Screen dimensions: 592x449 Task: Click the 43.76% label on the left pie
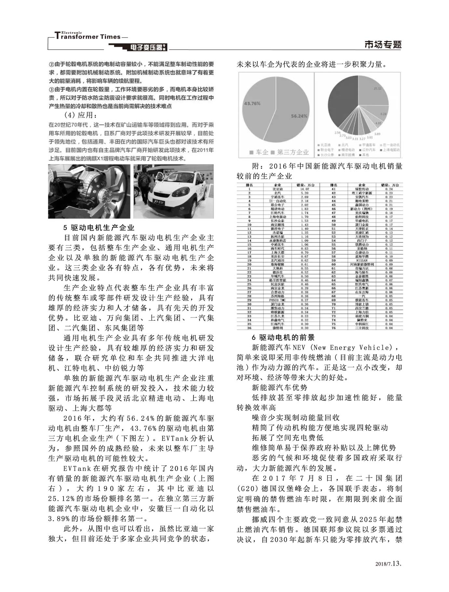point(252,103)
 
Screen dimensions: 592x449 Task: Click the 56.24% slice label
point(299,116)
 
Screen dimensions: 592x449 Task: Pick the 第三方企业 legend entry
point(290,152)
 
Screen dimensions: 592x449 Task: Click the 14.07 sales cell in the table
point(305,189)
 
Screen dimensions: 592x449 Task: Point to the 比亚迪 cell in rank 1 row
point(277,189)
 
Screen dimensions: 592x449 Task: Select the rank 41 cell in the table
point(333,189)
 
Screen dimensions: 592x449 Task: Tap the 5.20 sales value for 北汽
point(305,193)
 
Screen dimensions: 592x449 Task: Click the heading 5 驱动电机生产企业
point(99,228)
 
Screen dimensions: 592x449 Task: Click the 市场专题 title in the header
point(383,45)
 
